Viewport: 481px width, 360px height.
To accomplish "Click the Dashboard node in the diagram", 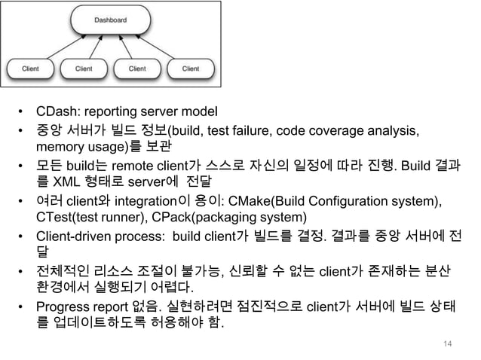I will (110, 20).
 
